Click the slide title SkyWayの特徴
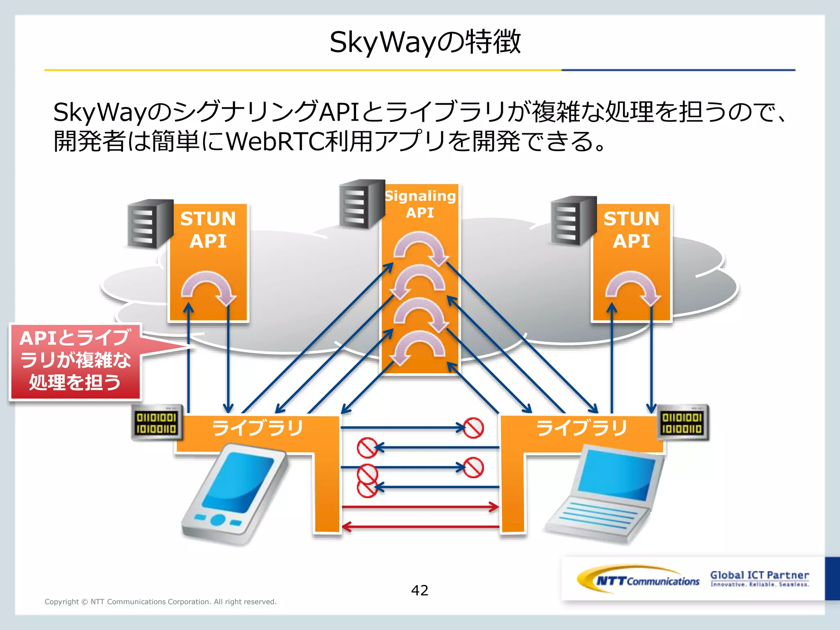(x=425, y=42)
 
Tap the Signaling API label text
(x=420, y=204)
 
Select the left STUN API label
(x=208, y=230)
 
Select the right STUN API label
(x=631, y=230)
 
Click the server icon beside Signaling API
(x=361, y=203)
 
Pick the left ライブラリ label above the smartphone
(x=258, y=428)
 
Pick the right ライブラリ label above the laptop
(x=582, y=428)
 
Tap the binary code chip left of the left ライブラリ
(x=156, y=423)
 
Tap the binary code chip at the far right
(x=682, y=423)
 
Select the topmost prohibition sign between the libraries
(x=473, y=428)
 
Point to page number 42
(x=420, y=590)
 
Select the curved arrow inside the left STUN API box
(x=208, y=287)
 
